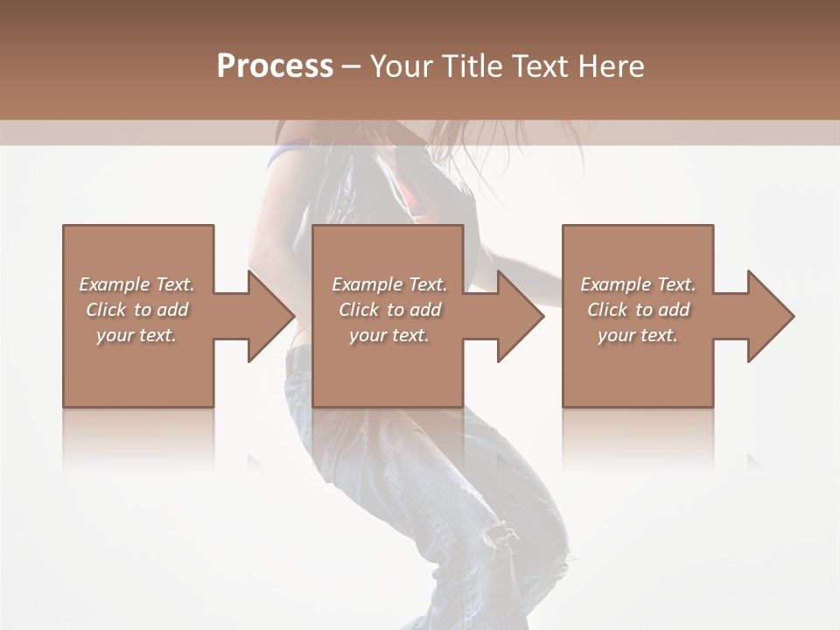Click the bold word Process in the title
tap(275, 66)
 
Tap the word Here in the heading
tap(610, 66)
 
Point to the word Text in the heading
tap(538, 66)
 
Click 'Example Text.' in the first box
tap(136, 284)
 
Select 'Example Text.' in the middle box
tap(389, 284)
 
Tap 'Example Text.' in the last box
tap(638, 284)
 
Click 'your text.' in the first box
tap(136, 335)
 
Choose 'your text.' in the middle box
tap(389, 335)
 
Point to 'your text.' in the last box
tap(638, 335)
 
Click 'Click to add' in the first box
tap(136, 310)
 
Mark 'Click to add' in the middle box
tap(389, 310)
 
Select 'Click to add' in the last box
tap(638, 310)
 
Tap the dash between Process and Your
tap(352, 66)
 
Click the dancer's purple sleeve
tap(282, 156)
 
